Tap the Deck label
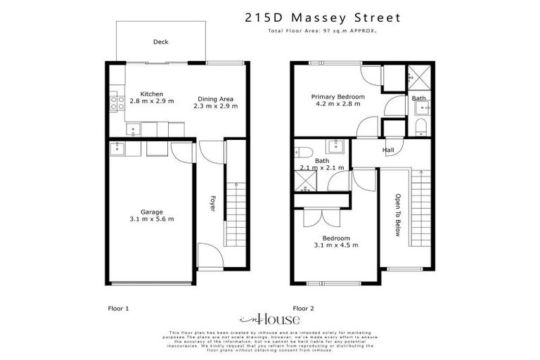tap(160, 42)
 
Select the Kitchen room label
tap(151, 94)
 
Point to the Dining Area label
tap(215, 99)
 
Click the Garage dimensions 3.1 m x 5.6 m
tap(152, 219)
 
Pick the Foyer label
tap(212, 204)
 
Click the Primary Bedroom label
tap(340, 96)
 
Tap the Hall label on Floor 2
tap(387, 150)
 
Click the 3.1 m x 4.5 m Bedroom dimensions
tap(337, 245)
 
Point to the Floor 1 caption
tap(118, 308)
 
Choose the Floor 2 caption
tap(303, 308)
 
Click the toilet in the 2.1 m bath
tap(303, 152)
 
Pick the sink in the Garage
tap(117, 148)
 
